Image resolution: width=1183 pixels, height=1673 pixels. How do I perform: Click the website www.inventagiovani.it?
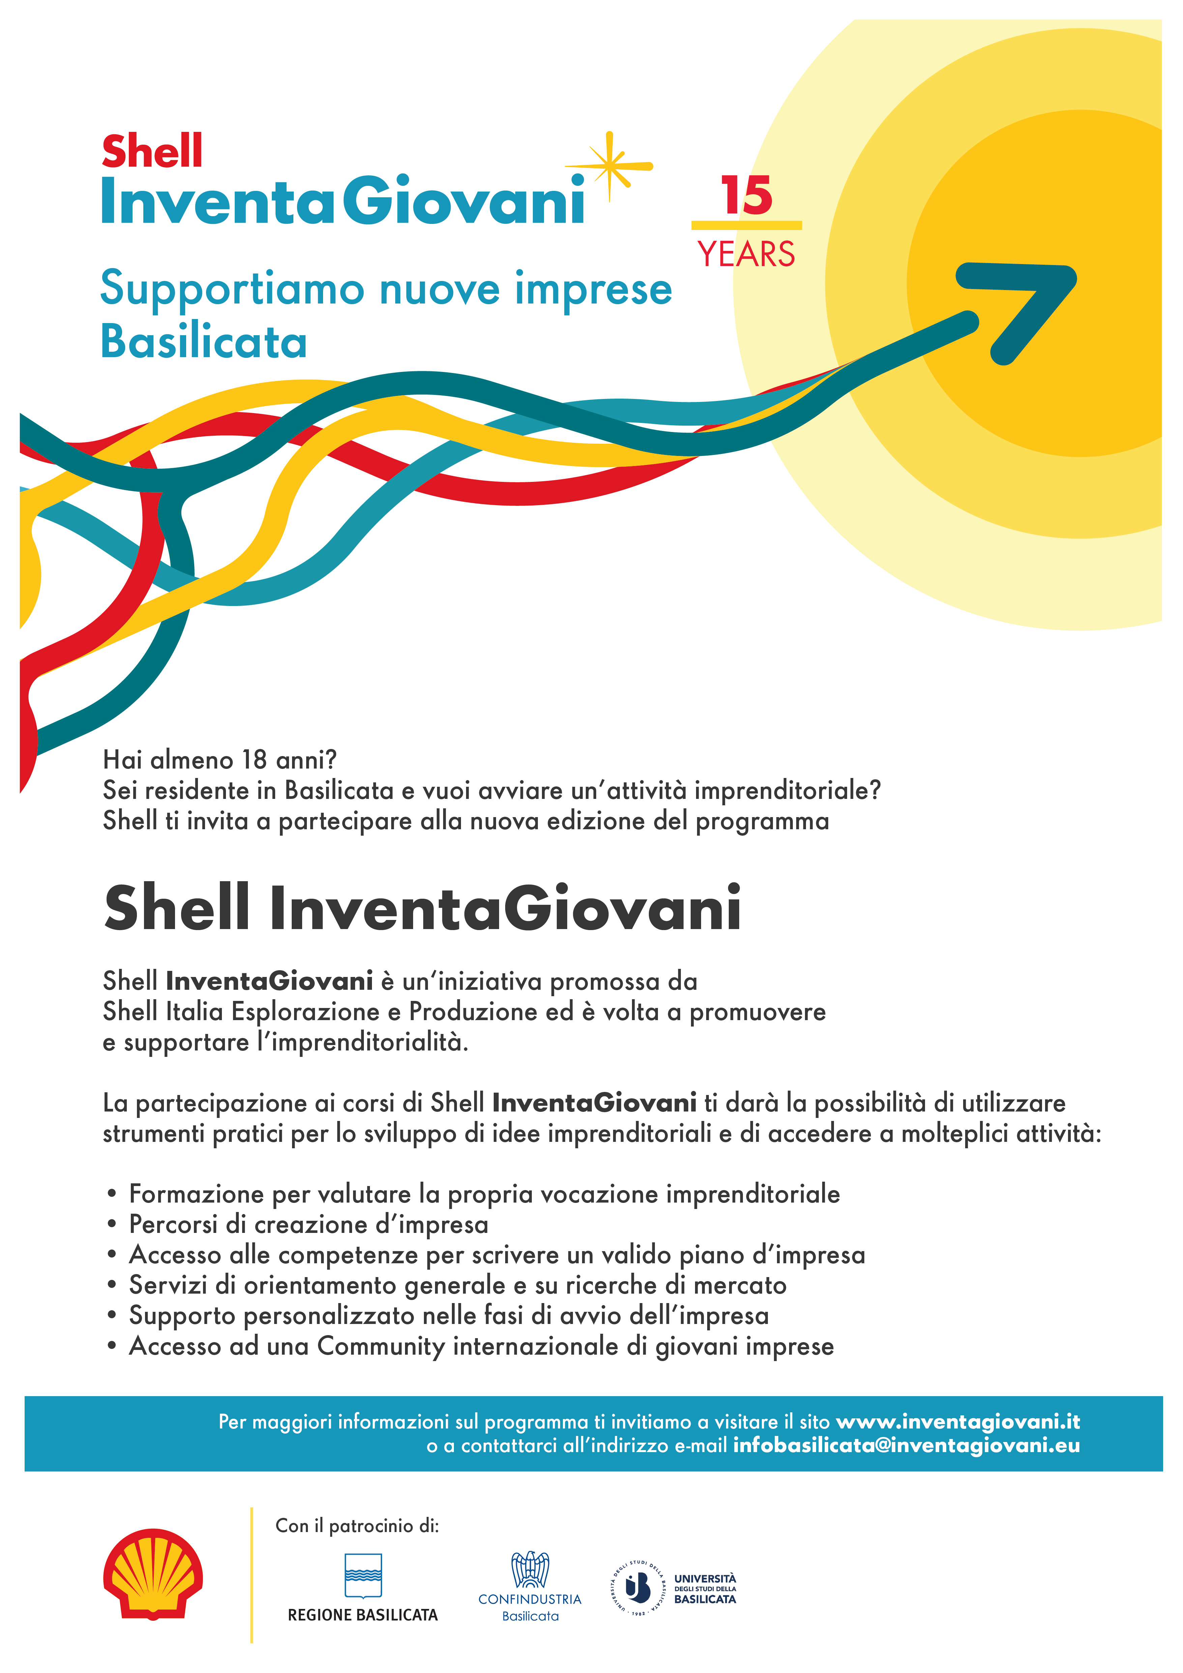click(958, 1422)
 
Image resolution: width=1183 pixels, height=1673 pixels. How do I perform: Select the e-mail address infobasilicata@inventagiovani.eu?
click(906, 1446)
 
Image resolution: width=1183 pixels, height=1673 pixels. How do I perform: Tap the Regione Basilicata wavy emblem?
click(363, 1575)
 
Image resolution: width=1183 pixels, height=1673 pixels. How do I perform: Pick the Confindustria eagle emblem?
click(530, 1569)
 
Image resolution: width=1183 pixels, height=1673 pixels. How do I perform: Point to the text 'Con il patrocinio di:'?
click(357, 1526)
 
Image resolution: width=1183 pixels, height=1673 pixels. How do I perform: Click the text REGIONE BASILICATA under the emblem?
click(363, 1615)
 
